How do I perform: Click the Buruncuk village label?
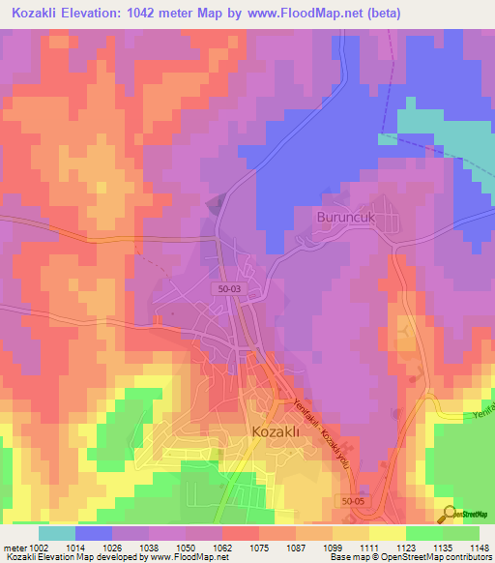coord(345,218)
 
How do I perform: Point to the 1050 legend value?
coord(185,547)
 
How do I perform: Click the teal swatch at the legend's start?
coord(57,533)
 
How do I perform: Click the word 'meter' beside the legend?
coord(14,547)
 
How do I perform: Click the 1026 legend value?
coord(111,547)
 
